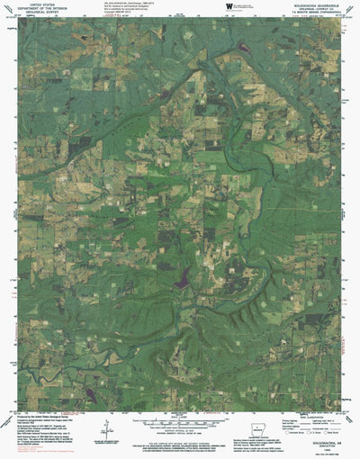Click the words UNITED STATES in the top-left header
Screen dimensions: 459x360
tap(40, 4)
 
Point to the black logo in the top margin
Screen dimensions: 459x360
tap(228, 6)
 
